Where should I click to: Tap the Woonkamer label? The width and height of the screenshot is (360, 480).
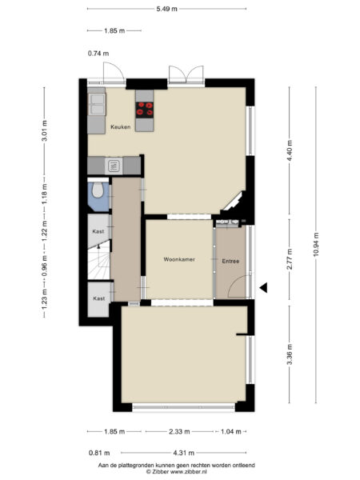pos(178,260)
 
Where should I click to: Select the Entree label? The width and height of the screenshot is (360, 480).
pos(230,260)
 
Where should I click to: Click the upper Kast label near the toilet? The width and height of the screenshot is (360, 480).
pos(98,230)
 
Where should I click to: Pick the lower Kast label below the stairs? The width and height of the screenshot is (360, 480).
pos(98,298)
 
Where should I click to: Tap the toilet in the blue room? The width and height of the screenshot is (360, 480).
pos(98,192)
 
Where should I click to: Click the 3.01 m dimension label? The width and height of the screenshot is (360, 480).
pos(45,131)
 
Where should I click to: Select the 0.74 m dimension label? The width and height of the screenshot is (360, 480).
pos(97,54)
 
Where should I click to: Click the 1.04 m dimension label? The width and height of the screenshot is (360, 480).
pos(231,431)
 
